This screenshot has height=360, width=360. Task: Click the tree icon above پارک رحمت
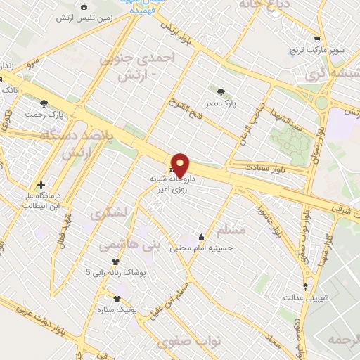pyautogui.click(x=44, y=103)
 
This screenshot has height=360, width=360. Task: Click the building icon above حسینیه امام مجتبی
pyautogui.click(x=202, y=237)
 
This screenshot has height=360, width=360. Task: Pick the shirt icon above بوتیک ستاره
pyautogui.click(x=116, y=299)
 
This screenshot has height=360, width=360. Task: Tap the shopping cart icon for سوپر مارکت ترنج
pyautogui.click(x=317, y=39)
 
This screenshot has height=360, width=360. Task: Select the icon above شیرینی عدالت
pyautogui.click(x=305, y=286)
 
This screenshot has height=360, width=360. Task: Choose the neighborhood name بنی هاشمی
pyautogui.click(x=129, y=244)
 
